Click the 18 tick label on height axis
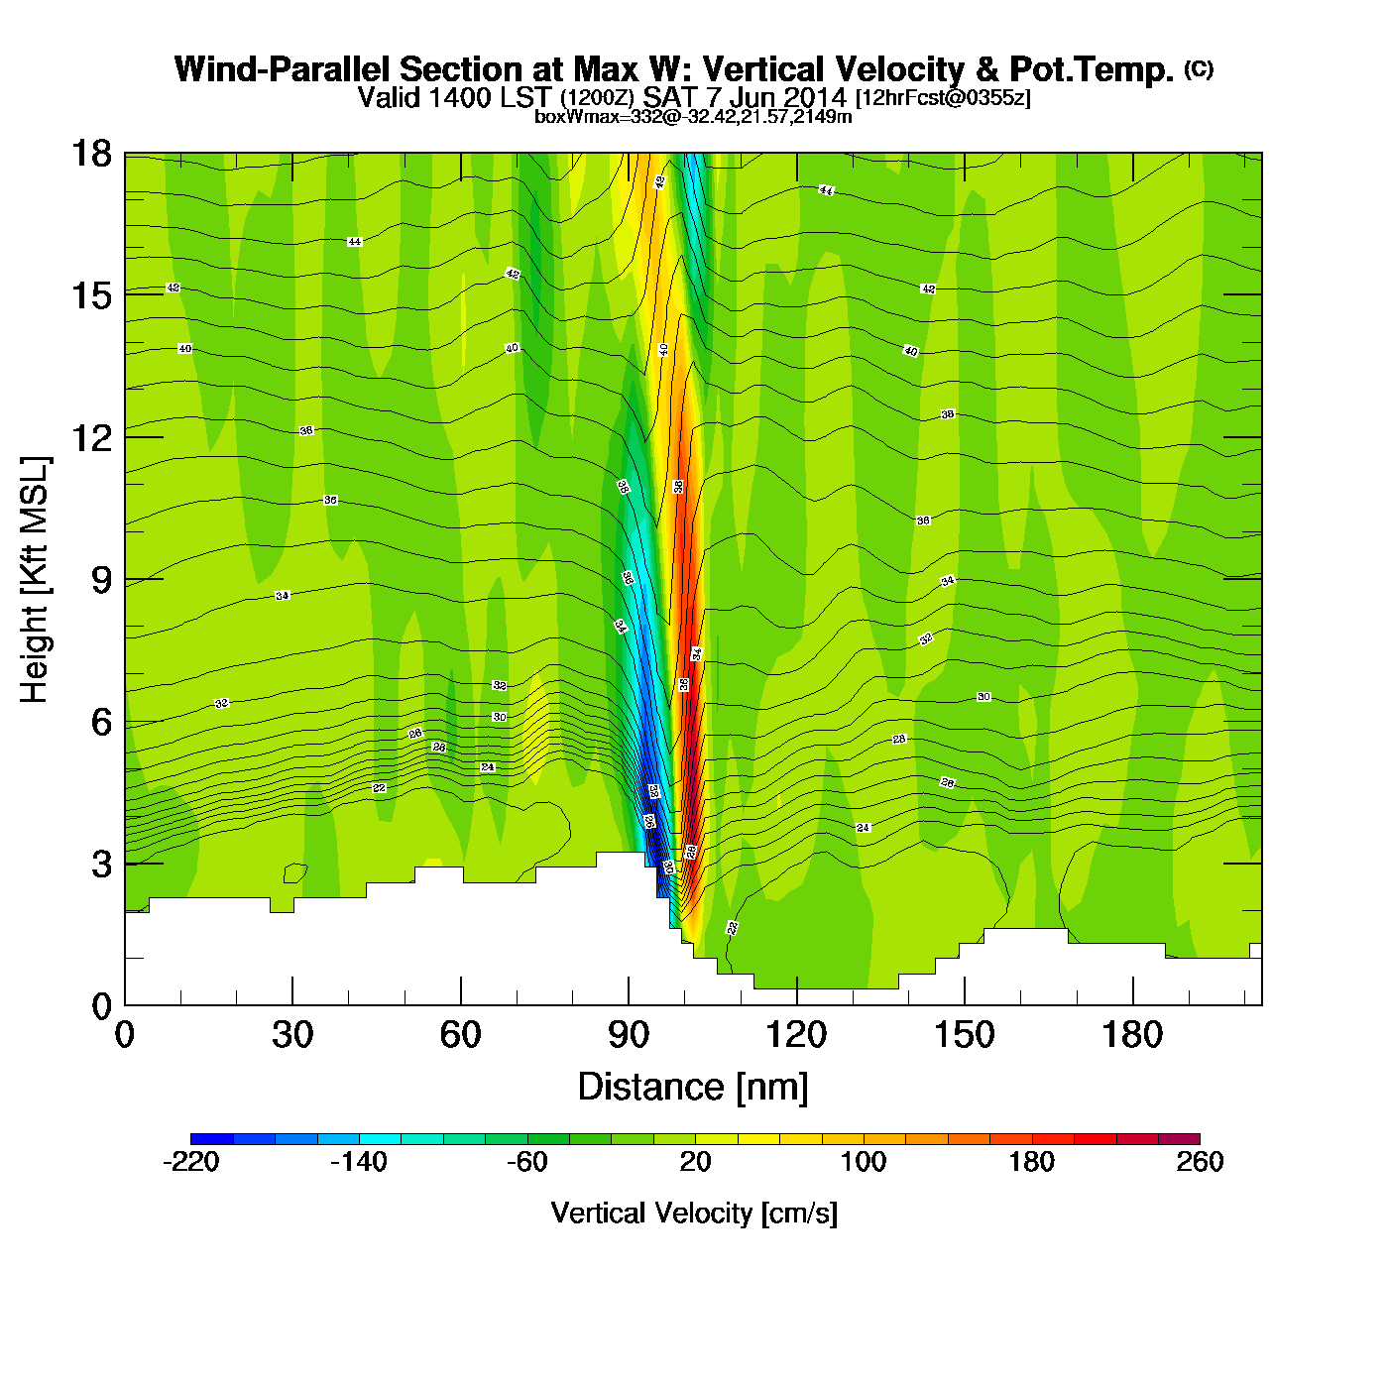(91, 154)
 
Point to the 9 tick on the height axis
(101, 580)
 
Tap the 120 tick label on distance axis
(796, 1036)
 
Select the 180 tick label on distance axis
(1132, 1036)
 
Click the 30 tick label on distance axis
(292, 1036)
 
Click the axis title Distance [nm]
(693, 1088)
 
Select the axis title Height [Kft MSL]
(35, 580)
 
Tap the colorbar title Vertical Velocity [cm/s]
(694, 1214)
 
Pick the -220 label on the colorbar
(190, 1162)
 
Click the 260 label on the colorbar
(1200, 1162)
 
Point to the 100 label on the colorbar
(864, 1162)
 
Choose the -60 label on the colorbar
(526, 1162)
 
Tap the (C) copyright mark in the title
(1199, 68)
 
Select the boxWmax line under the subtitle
(693, 117)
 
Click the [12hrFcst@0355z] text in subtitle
(943, 98)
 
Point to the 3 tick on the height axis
(101, 864)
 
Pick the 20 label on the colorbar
(695, 1162)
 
